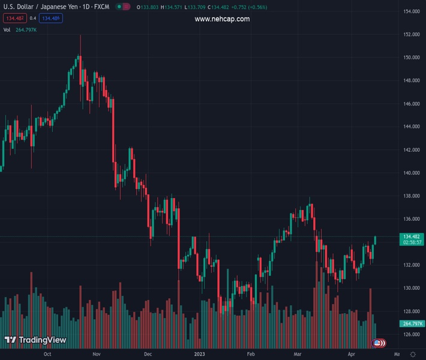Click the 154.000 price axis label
[411, 11]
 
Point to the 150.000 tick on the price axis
[411, 58]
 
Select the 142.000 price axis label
[411, 150]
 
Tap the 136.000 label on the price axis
[411, 219]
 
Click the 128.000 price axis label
[411, 311]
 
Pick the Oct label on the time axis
[47, 355]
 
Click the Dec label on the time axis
[148, 355]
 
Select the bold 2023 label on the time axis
[200, 355]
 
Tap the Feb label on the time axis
[251, 355]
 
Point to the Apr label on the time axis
[352, 355]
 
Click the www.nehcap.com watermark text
[222, 19]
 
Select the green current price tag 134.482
[411, 237]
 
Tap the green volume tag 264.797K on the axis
[411, 324]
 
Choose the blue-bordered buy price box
[50, 18]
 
